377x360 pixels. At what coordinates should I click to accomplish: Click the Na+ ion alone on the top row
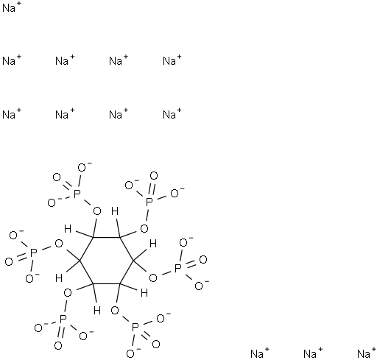coord(12,7)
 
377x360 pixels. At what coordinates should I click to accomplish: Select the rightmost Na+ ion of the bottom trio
coord(367,353)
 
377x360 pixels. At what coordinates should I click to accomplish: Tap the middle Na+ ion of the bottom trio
coord(313,353)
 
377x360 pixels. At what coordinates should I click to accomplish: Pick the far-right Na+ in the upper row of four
coord(172,60)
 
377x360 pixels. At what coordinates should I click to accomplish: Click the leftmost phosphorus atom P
coord(33,253)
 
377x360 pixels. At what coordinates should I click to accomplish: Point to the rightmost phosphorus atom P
coord(177,268)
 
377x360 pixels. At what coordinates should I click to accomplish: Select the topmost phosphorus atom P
coord(77,194)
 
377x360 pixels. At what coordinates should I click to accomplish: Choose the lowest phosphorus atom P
coord(135,328)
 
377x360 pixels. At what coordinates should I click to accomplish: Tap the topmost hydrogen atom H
coord(115,211)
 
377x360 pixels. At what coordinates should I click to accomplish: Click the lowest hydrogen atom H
coord(97,311)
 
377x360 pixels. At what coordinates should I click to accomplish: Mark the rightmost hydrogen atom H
coord(153,244)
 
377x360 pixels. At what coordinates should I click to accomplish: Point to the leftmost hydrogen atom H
coord(59,278)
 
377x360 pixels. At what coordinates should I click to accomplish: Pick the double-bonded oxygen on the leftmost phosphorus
coord(9,262)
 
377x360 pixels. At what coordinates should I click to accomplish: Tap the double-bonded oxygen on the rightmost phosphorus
coord(203,259)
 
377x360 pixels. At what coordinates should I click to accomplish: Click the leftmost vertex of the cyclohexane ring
coord(80,261)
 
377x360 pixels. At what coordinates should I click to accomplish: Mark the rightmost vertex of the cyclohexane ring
coord(133,261)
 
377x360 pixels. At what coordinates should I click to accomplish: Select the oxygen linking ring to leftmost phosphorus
coord(59,244)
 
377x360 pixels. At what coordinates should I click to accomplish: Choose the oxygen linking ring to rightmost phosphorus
coord(153,278)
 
